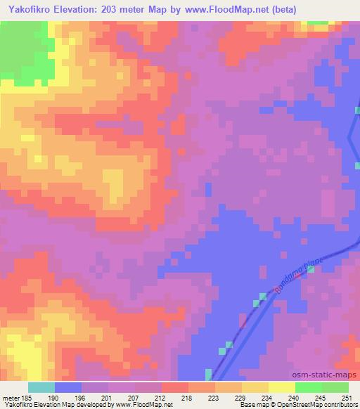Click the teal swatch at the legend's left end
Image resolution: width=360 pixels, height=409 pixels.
(x=41, y=387)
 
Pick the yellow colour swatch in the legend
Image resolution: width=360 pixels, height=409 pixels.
(x=281, y=387)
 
